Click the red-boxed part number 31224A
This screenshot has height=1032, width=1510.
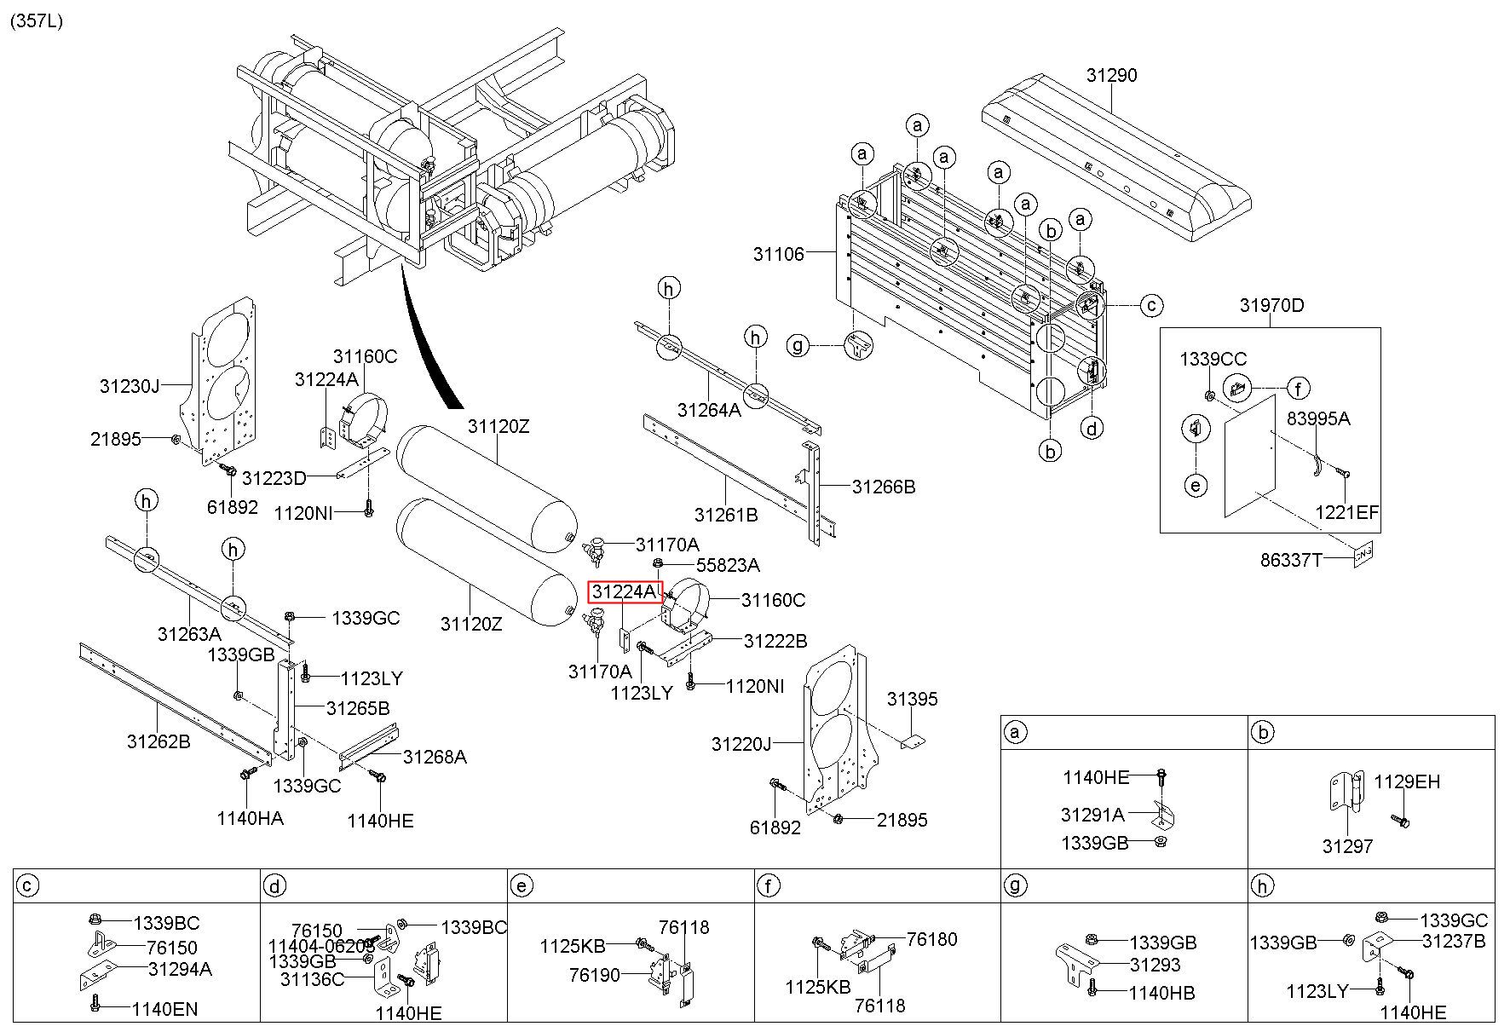(625, 591)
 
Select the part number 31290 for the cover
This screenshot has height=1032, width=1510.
(1111, 75)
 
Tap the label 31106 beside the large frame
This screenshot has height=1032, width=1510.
(778, 253)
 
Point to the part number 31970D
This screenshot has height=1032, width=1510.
(1271, 305)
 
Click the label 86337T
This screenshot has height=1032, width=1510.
(1292, 560)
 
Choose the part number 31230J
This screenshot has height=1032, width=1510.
(130, 386)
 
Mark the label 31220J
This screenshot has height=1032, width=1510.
(741, 744)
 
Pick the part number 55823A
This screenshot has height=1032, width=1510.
(728, 565)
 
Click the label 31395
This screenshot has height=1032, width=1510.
(912, 699)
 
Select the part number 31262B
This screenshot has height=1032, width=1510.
(158, 741)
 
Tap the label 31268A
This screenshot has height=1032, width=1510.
(435, 757)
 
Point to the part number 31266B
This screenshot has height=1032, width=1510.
(884, 487)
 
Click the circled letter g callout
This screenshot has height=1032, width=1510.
(798, 346)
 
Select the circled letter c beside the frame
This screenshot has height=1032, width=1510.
(1151, 304)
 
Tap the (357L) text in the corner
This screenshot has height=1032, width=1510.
(36, 21)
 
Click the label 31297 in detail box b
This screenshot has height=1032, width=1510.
(1347, 846)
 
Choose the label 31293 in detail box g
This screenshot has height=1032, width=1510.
(1155, 965)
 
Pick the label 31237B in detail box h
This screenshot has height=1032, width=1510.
(1454, 941)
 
